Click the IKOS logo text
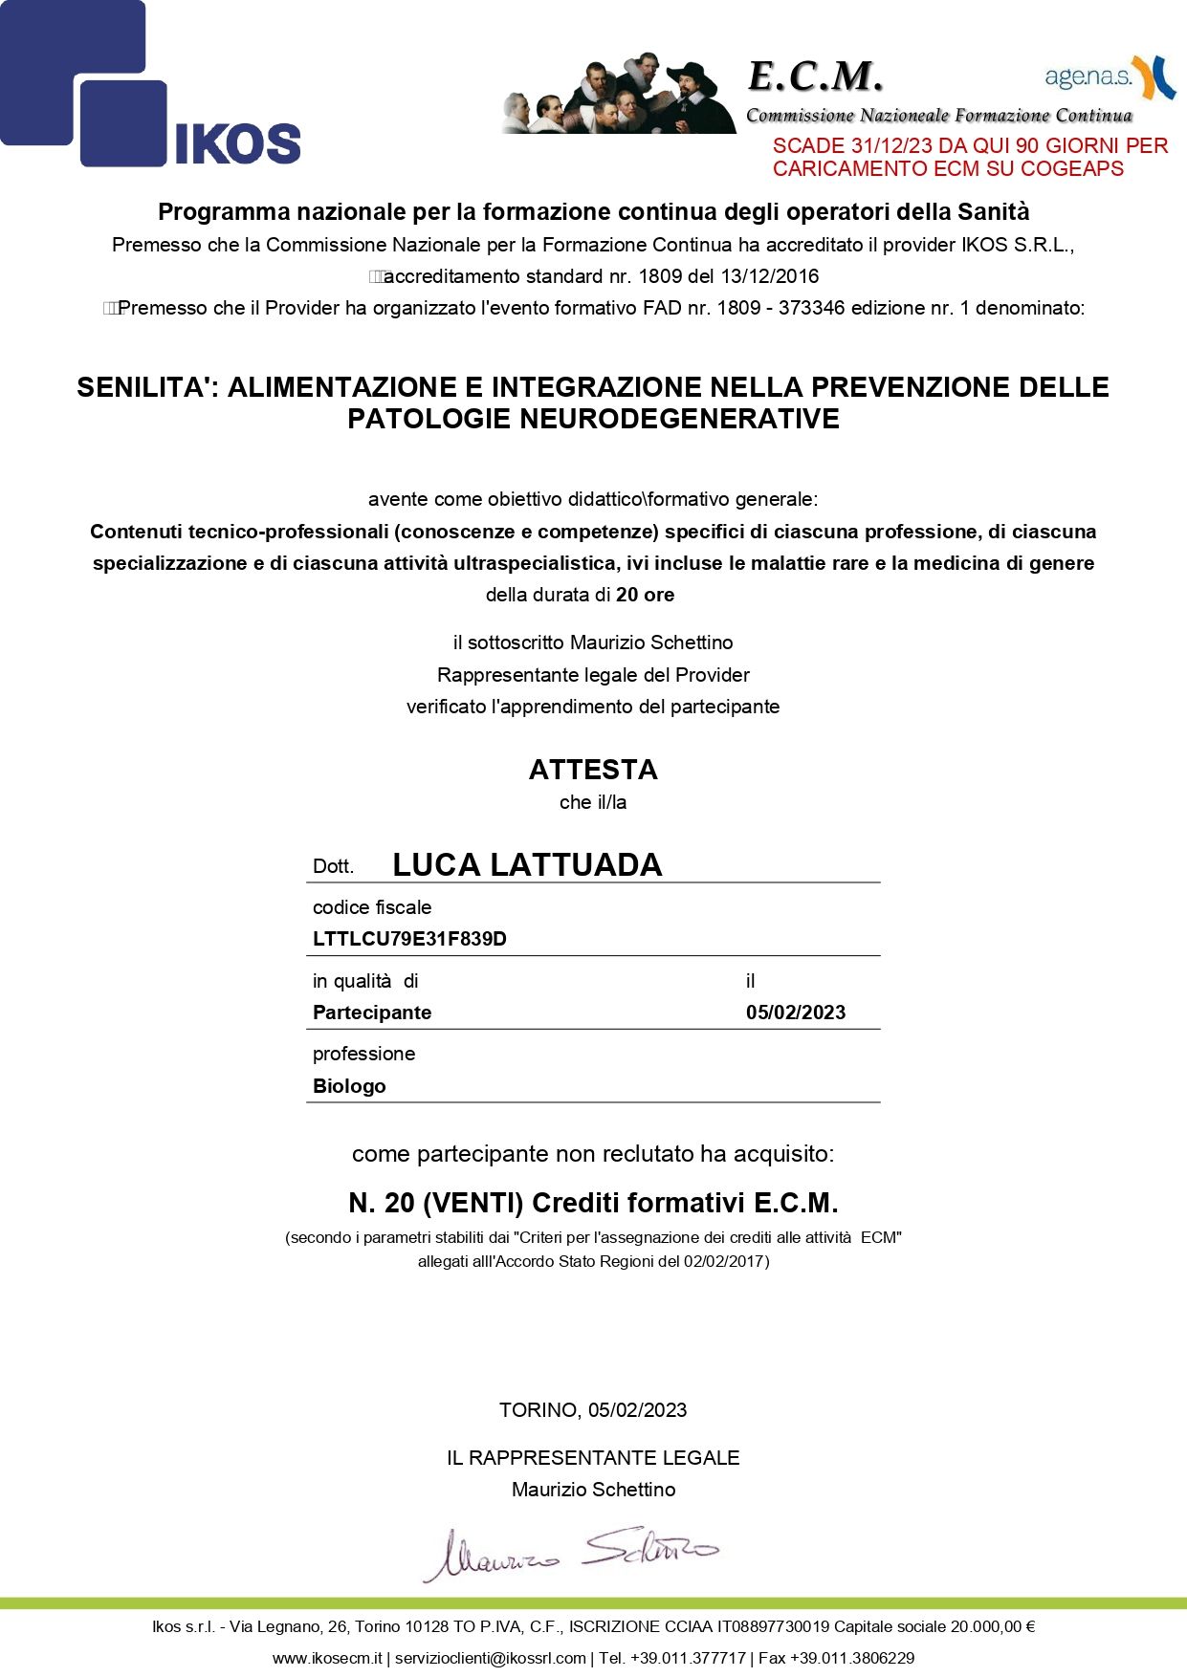237,143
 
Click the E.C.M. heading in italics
815,76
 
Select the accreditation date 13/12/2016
770,276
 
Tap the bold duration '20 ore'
645,595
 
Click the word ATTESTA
593,770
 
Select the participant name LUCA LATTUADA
527,864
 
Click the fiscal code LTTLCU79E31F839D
409,939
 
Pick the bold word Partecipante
372,1013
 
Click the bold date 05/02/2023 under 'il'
796,1013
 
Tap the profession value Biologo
349,1086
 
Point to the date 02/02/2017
724,1261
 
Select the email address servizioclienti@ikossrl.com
490,1658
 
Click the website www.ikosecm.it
327,1658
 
